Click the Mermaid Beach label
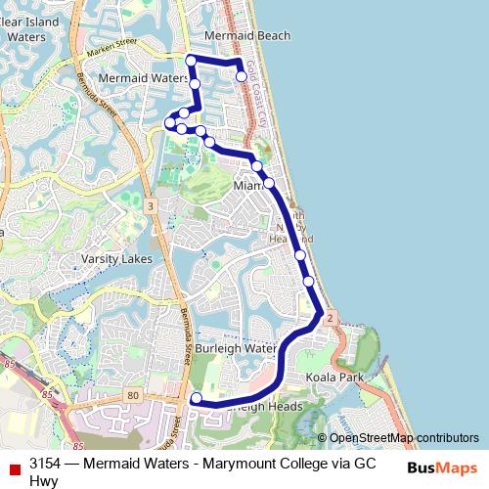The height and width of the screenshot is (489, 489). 247,36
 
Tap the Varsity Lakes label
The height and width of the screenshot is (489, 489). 116,259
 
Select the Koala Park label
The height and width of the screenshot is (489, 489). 334,377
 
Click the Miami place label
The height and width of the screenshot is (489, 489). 248,185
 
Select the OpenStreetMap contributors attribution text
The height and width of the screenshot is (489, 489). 404,438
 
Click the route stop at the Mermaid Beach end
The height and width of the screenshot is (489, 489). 242,75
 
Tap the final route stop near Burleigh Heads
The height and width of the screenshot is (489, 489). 196,398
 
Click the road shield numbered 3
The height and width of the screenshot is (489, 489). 150,206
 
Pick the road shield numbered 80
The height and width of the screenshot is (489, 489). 133,395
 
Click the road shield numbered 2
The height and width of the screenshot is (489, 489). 331,319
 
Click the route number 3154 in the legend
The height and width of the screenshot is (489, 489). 45,465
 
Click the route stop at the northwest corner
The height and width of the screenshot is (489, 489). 191,61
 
